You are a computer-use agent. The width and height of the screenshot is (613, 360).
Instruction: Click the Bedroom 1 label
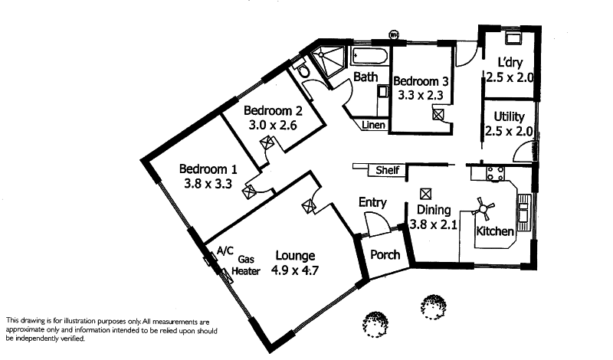(208, 169)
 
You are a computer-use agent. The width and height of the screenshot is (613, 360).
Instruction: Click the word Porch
(385, 254)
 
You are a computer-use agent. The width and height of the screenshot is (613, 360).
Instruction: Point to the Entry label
(372, 202)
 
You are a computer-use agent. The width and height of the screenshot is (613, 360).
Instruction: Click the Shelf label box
(387, 170)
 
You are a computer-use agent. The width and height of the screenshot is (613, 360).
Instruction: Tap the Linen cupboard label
(373, 124)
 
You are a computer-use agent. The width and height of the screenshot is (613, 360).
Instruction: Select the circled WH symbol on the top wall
(395, 34)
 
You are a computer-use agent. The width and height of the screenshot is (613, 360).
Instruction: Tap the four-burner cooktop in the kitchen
(491, 173)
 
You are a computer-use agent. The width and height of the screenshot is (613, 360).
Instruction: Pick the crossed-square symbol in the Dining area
(426, 193)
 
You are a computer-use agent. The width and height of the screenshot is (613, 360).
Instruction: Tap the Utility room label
(508, 116)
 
